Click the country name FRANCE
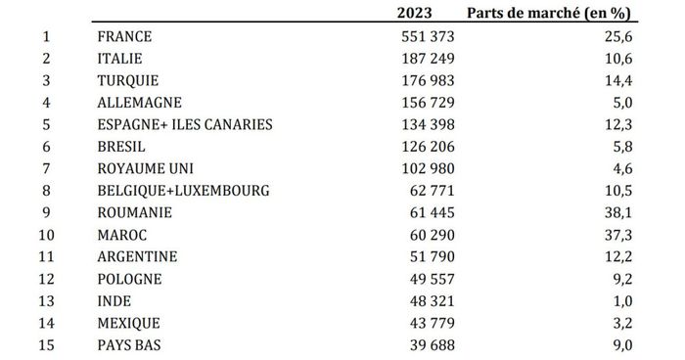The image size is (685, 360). coord(125,36)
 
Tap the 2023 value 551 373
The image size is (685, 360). coord(423,36)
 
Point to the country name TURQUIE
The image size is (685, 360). coord(128,79)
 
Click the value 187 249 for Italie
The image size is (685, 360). coord(423,58)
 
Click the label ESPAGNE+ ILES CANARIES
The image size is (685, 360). coord(185,123)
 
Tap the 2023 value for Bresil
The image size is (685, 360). coord(423,145)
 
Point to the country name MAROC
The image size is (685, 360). coord(122,234)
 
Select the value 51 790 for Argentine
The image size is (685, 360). coord(427,255)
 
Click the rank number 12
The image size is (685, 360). coord(45,278)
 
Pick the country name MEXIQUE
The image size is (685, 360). coord(129,322)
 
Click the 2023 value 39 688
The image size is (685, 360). coord(427,343)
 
